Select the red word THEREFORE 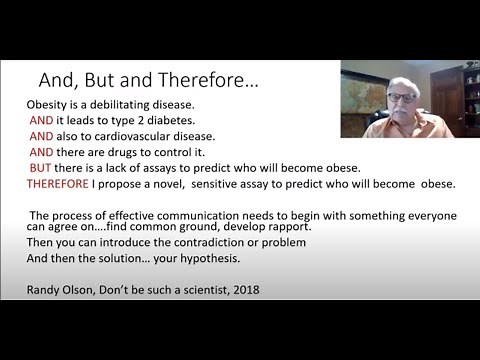61,184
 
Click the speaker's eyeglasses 400,97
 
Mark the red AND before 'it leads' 41,120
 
